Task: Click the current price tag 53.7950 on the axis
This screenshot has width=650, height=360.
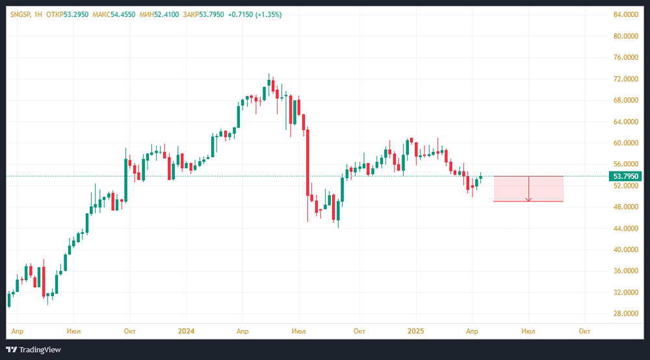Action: [x=627, y=176]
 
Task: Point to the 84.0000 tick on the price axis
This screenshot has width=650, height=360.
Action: [x=627, y=15]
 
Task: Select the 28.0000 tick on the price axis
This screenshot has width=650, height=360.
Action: [x=627, y=314]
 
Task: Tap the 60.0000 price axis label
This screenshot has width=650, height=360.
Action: [x=627, y=143]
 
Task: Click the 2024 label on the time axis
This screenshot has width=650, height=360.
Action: [x=187, y=331]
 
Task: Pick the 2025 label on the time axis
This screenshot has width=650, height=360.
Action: [x=417, y=331]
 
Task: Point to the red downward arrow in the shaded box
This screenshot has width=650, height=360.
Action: [x=528, y=190]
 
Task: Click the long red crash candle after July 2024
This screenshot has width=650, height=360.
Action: [x=307, y=162]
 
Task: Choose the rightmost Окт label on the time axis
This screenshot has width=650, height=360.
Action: [x=584, y=331]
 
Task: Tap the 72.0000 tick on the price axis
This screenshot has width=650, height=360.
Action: [x=627, y=79]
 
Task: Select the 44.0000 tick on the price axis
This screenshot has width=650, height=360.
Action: [x=627, y=229]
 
